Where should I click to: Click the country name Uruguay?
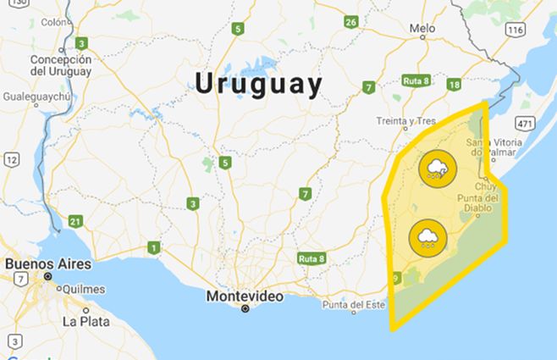click(258, 84)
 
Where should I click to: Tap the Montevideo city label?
click(245, 296)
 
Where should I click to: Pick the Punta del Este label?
click(353, 305)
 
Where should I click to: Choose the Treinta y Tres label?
click(406, 121)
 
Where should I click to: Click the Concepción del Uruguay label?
click(60, 65)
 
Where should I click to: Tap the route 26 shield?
click(351, 21)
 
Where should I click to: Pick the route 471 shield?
click(525, 124)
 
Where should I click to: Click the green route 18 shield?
click(455, 84)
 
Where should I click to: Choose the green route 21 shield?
click(75, 222)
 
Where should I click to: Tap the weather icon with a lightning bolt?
click(435, 169)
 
